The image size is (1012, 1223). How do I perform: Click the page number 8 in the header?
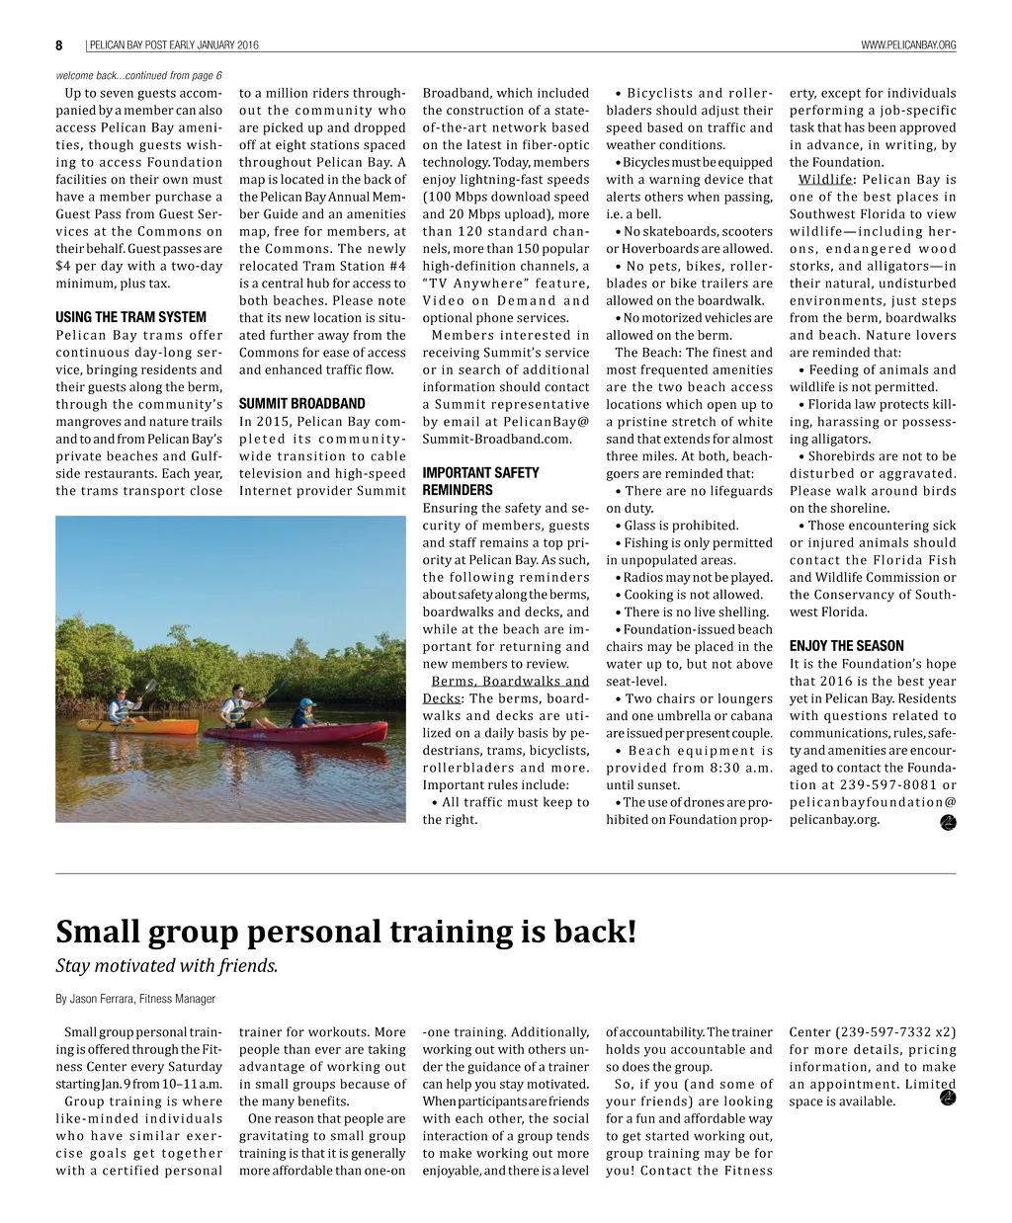click(x=59, y=45)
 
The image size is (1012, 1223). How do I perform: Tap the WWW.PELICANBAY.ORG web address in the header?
click(x=908, y=45)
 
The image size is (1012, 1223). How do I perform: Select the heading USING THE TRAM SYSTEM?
click(x=130, y=317)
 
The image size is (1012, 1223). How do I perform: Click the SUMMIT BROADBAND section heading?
click(x=301, y=403)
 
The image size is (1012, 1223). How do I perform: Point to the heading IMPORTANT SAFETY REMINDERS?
click(x=480, y=481)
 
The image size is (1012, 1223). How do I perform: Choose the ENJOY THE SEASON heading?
click(x=847, y=646)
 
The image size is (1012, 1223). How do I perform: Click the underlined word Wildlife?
click(x=825, y=180)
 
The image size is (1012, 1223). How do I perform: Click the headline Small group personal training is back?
click(x=346, y=931)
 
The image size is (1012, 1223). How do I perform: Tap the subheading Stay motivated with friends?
click(x=166, y=965)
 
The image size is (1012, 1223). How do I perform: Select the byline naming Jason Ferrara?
click(x=135, y=999)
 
